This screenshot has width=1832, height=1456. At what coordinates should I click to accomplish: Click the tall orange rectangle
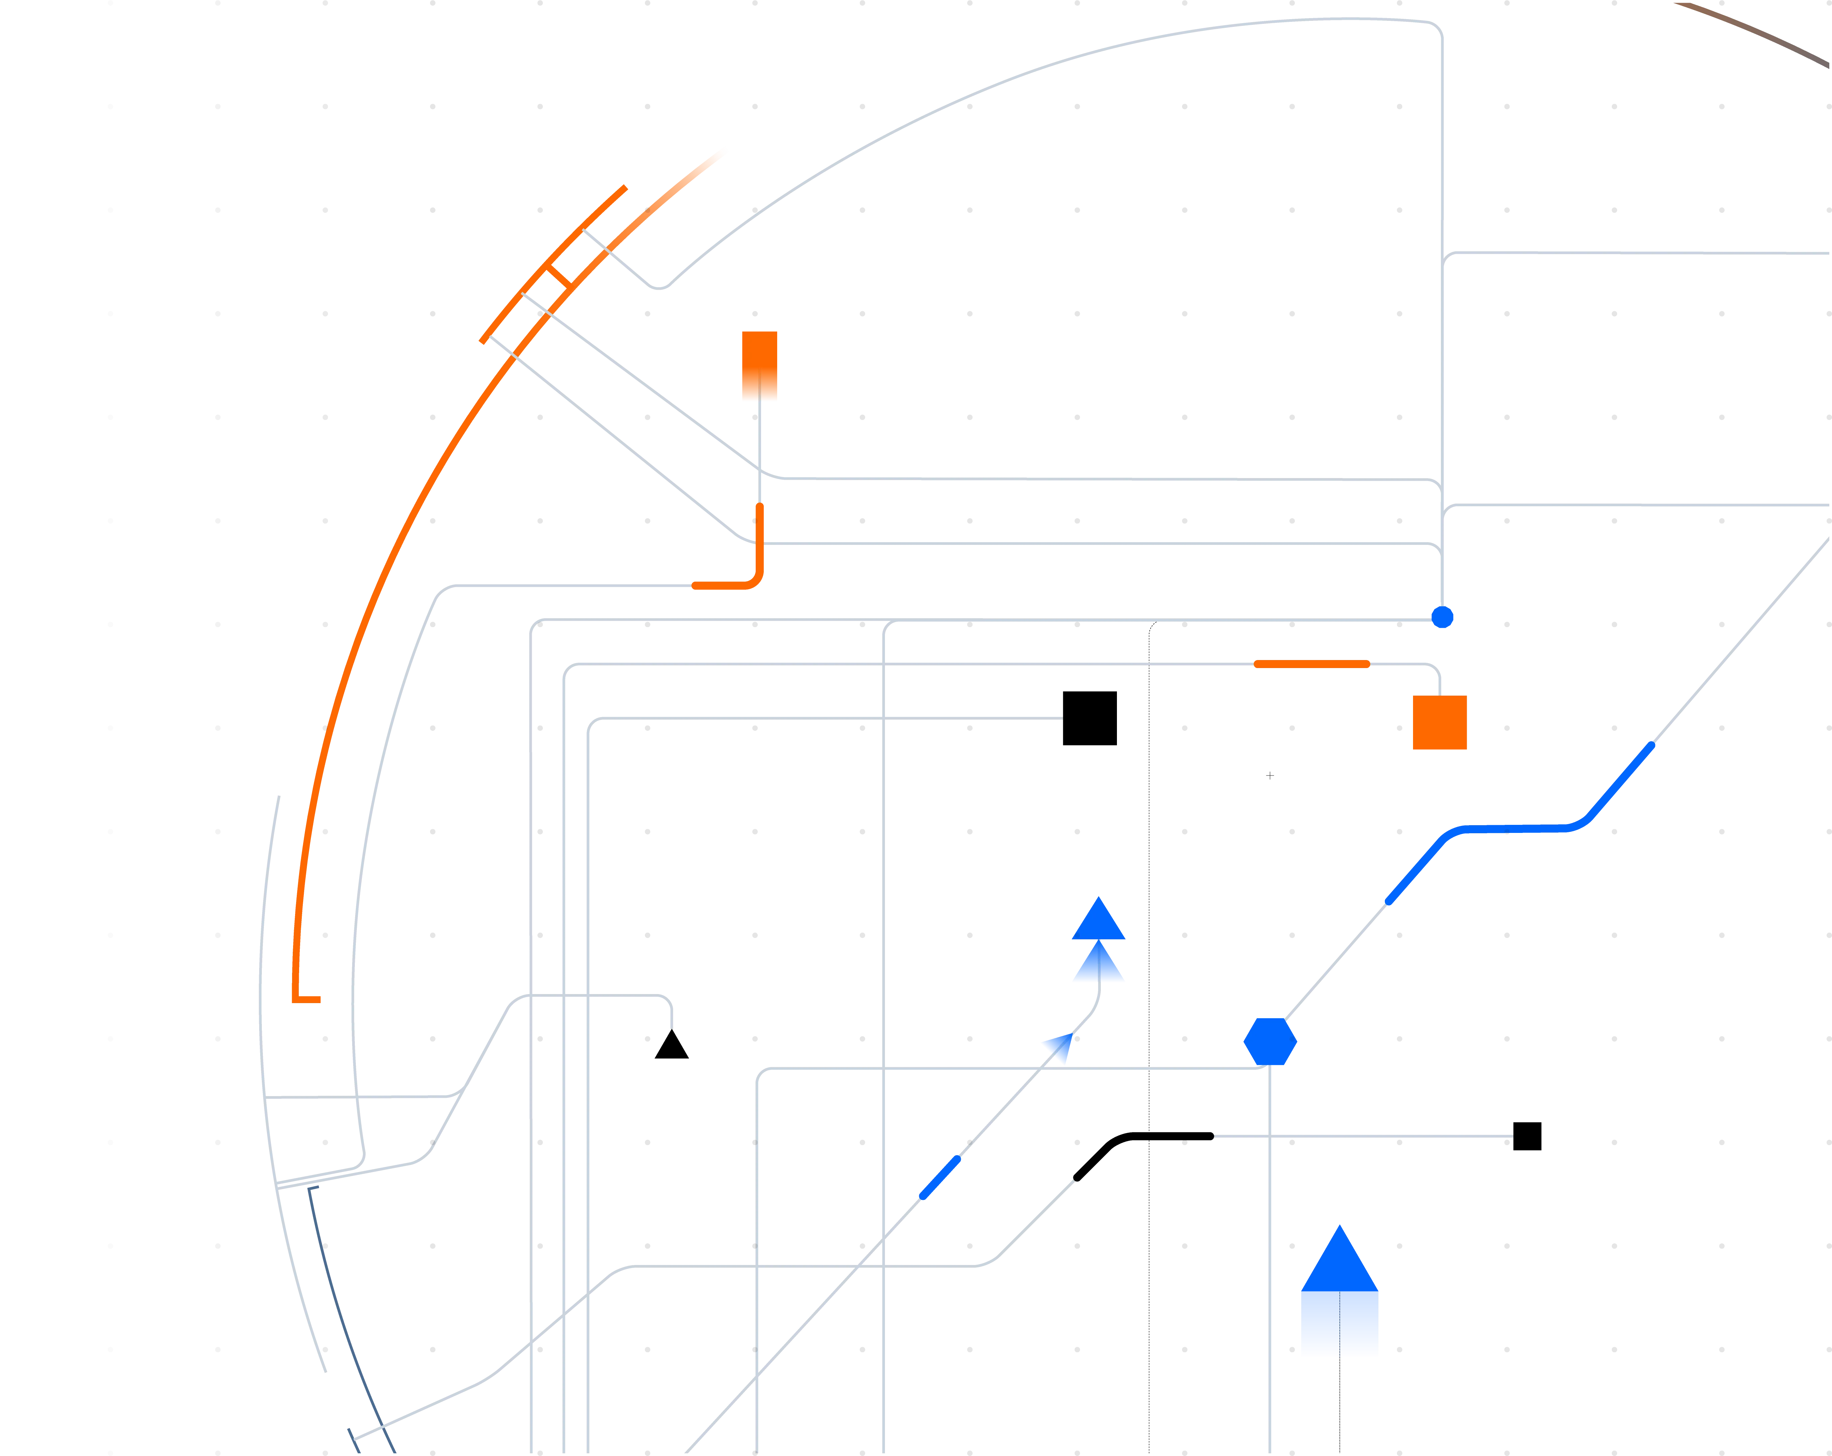tap(760, 366)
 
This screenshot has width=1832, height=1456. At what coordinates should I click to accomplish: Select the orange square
tap(1440, 724)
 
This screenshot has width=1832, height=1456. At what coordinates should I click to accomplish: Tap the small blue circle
tap(1443, 617)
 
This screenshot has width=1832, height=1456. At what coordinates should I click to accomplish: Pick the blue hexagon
tap(1270, 1041)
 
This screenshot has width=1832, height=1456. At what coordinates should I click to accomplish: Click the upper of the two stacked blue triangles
tap(1099, 921)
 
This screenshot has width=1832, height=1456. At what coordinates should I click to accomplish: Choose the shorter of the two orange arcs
tap(552, 263)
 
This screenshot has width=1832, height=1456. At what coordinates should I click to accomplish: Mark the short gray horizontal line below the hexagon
tap(1363, 1136)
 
